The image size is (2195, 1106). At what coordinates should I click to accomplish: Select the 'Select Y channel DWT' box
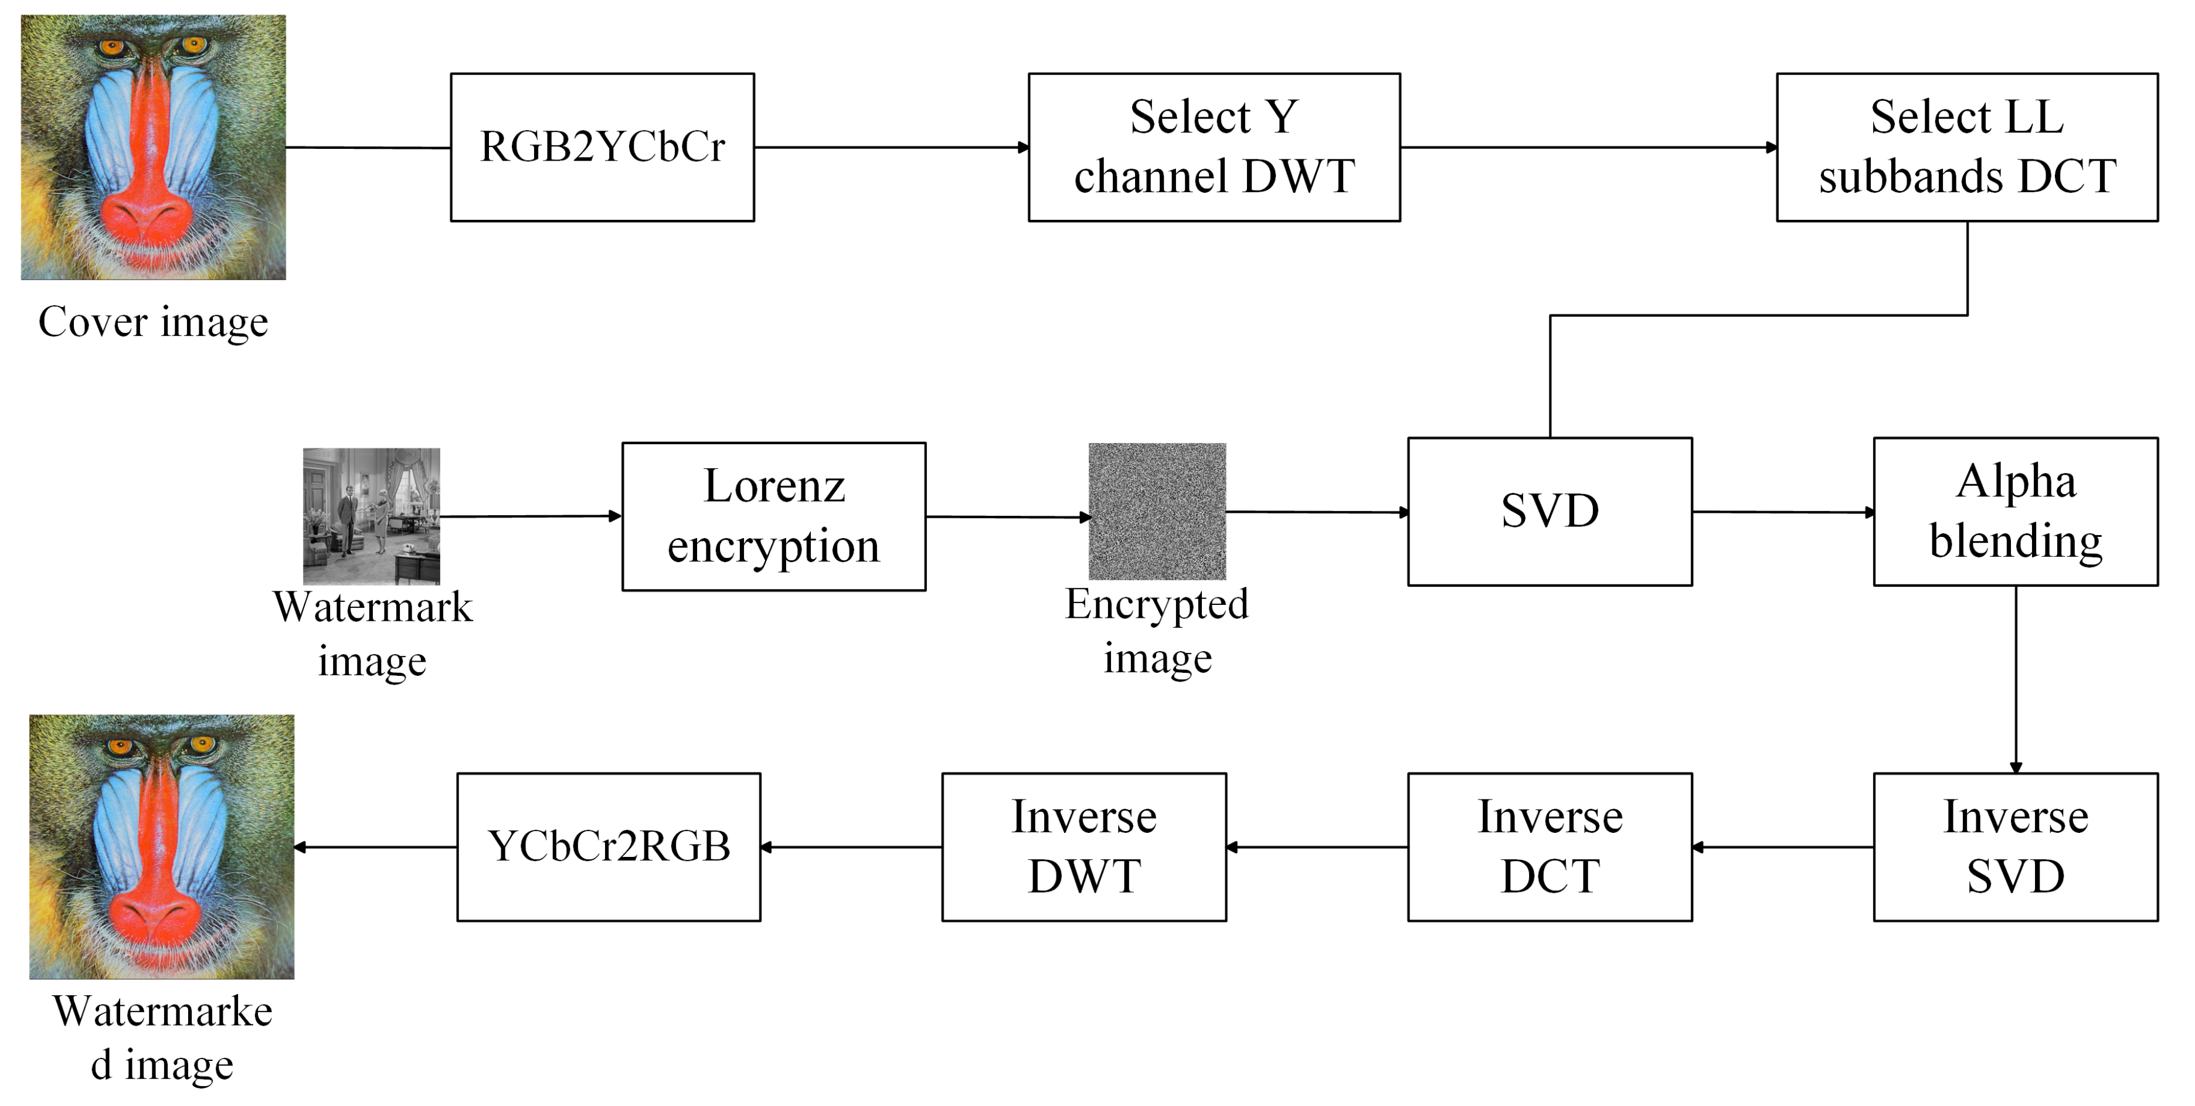point(1214,148)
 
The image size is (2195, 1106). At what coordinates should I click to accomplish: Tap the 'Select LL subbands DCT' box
point(1966,148)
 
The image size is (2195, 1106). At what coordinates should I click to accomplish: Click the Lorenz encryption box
point(774,516)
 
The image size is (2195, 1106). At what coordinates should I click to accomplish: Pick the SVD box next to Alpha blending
point(1549,511)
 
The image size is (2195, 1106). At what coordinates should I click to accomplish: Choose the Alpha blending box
point(2015,511)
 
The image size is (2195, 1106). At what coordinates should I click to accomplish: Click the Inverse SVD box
point(2015,846)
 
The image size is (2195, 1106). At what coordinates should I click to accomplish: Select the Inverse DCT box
point(1549,846)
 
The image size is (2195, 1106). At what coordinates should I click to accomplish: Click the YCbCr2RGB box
point(609,846)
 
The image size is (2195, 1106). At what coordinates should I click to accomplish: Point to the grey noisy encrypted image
point(1157,511)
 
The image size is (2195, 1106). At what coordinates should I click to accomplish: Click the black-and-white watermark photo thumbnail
point(372,516)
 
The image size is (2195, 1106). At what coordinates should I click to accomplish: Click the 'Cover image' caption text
point(154,322)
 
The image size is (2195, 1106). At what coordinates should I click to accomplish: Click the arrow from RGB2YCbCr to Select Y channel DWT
point(891,148)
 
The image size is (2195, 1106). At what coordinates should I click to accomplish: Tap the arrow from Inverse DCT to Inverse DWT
point(1317,847)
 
